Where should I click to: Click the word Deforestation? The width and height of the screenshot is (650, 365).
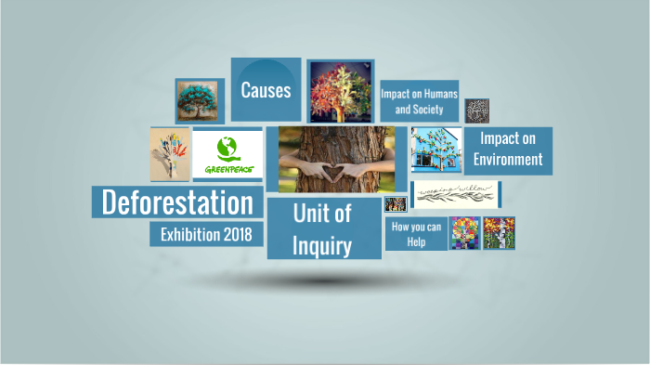(x=176, y=202)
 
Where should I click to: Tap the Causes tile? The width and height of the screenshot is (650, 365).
(x=266, y=90)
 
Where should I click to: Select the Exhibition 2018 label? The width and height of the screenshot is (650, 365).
(x=206, y=234)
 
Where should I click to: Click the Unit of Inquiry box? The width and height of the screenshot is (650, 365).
(x=322, y=228)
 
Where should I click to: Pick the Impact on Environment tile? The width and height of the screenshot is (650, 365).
(x=507, y=150)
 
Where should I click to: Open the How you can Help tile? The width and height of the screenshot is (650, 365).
(x=415, y=234)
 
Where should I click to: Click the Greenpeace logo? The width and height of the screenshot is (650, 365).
(x=228, y=156)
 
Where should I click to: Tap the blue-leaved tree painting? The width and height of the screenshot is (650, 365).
(x=199, y=100)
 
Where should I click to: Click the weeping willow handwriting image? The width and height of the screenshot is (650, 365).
(x=455, y=195)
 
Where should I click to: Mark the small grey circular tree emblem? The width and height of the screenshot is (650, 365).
(x=476, y=110)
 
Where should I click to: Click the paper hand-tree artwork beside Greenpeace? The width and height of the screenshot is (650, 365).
(x=170, y=153)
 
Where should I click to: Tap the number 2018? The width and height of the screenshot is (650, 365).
(x=242, y=234)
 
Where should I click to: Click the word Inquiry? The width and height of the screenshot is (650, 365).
(x=322, y=246)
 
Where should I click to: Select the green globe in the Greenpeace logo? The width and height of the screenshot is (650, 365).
(x=227, y=147)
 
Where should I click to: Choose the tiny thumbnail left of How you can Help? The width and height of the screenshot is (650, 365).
(x=395, y=204)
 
